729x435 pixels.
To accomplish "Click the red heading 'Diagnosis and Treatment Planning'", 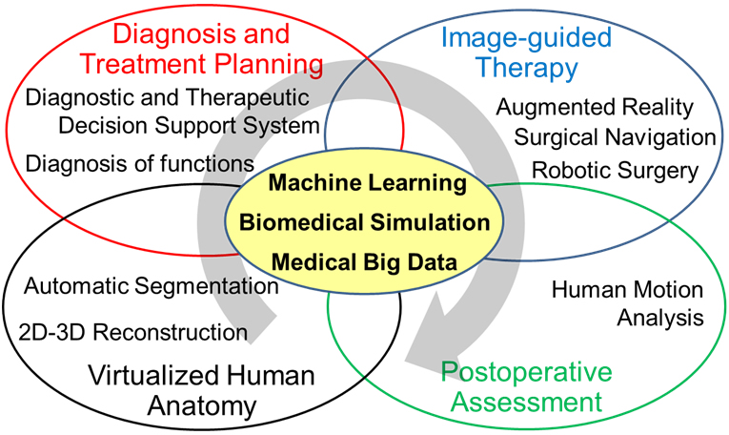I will click(200, 50).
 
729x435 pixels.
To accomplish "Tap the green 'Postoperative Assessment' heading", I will click(526, 385).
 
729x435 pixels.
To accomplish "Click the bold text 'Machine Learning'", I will click(367, 182).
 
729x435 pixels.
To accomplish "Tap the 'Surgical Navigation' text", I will click(614, 137).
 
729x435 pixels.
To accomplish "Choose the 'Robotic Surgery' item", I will click(615, 170).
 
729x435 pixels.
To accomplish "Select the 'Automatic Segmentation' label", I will click(151, 285).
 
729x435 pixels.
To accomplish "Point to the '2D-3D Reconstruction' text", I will click(133, 332).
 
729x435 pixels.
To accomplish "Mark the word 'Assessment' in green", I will click(526, 402).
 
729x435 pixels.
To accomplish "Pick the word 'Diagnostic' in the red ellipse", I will click(75, 97).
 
